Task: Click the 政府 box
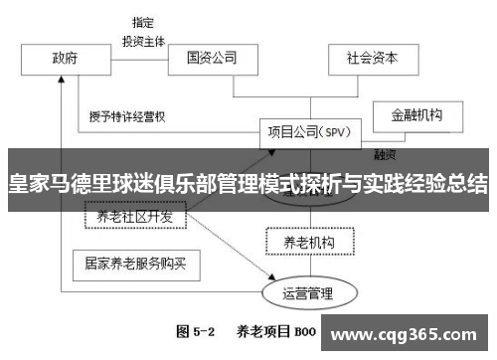(64, 58)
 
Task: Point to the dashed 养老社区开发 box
(133, 215)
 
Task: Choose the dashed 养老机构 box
(308, 242)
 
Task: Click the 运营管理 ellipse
(308, 294)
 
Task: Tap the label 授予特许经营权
(127, 116)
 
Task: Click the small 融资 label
(387, 155)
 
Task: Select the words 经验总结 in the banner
(447, 183)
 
